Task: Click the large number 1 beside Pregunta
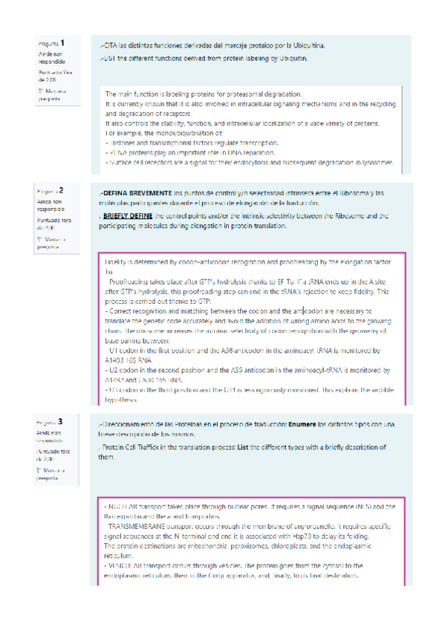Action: coord(63,43)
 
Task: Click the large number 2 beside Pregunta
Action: coord(62,191)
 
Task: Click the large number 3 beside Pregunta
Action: coord(61,420)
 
